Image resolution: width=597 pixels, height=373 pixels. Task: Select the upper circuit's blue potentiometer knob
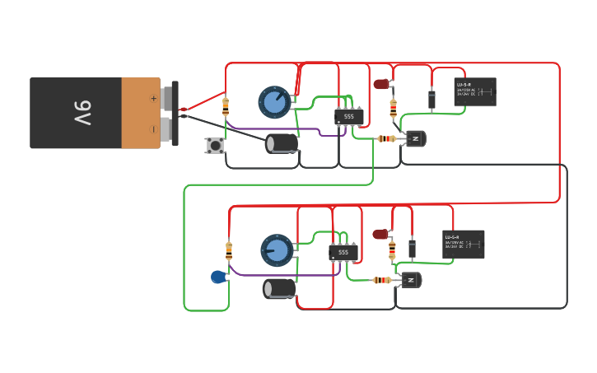pyautogui.click(x=274, y=102)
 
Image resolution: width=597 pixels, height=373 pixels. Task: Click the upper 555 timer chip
pyautogui.click(x=349, y=117)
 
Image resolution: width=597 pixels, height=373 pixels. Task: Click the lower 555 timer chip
pyautogui.click(x=343, y=252)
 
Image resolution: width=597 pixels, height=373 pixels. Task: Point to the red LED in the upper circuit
pyautogui.click(x=380, y=84)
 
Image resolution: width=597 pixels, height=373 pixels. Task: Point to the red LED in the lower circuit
pyautogui.click(x=380, y=235)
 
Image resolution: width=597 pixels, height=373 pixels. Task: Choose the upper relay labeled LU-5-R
pyautogui.click(x=475, y=92)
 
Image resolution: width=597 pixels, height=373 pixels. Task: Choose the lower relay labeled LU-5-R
pyautogui.click(x=464, y=244)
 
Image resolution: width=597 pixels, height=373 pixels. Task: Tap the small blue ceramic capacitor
pyautogui.click(x=217, y=277)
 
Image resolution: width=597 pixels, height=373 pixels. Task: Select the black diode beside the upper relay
pyautogui.click(x=431, y=100)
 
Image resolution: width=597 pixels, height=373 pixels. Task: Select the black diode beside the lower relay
pyautogui.click(x=412, y=249)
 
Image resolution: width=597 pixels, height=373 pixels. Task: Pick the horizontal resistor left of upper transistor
pyautogui.click(x=386, y=138)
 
